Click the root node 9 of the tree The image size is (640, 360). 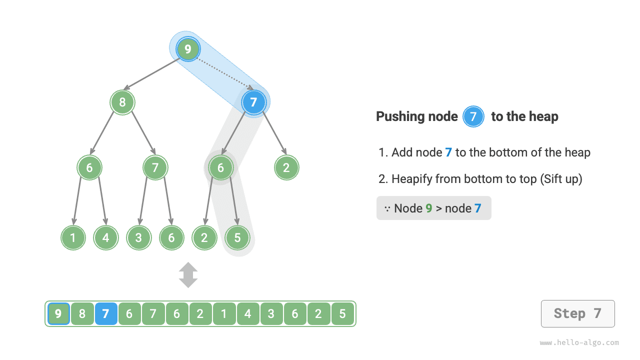[x=188, y=49]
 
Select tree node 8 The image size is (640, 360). [x=122, y=102]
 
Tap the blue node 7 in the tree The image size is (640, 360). [x=253, y=102]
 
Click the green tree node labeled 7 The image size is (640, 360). [x=155, y=168]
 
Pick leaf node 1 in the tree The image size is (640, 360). [x=73, y=237]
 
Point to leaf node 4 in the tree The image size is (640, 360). [x=106, y=237]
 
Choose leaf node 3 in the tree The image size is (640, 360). [x=138, y=237]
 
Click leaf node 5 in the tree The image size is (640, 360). [x=237, y=237]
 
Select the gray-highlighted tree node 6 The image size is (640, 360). [x=220, y=168]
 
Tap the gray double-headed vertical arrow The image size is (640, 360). [x=188, y=275]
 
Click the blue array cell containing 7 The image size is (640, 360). [x=106, y=314]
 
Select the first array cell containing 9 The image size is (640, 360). [x=58, y=314]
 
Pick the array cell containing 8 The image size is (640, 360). [x=82, y=314]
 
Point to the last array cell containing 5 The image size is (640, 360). [x=342, y=314]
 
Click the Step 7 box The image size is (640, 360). [x=577, y=314]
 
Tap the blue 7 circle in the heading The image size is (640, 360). [x=473, y=117]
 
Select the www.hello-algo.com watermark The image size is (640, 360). [x=579, y=343]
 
